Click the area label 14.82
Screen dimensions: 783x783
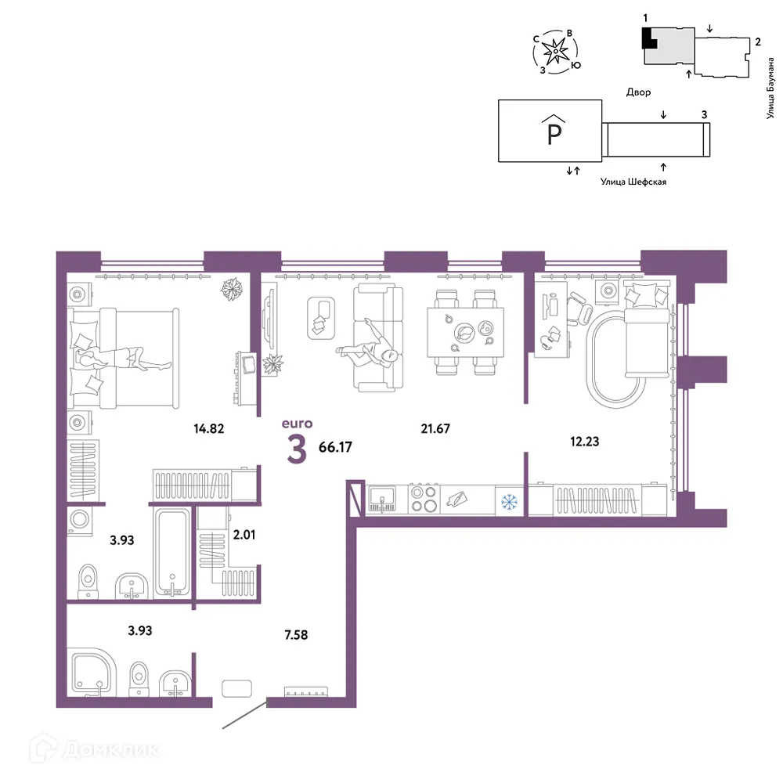[209, 428]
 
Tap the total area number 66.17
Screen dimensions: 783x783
[335, 447]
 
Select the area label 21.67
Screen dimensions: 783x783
[435, 428]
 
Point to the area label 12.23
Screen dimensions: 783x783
[584, 442]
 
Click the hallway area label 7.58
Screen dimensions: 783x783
[296, 635]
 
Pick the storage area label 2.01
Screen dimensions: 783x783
[244, 535]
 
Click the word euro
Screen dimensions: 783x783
[297, 424]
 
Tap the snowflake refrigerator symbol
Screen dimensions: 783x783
[509, 502]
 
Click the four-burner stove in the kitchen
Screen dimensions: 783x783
[424, 499]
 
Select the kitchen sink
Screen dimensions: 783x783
[382, 499]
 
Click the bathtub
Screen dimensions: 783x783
[172, 552]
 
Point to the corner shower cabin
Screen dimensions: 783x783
[92, 672]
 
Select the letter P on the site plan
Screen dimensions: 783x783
[554, 133]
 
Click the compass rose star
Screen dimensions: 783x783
[555, 51]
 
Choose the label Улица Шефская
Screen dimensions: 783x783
[633, 182]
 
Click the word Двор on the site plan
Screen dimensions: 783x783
[639, 92]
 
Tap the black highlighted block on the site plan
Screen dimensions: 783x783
[648, 38]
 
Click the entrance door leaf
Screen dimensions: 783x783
[244, 715]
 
